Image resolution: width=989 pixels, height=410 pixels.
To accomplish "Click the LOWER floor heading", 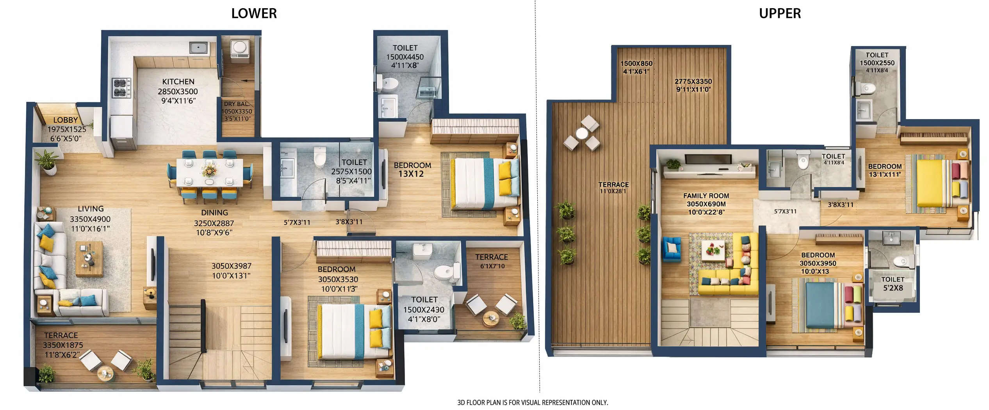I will (x=254, y=14).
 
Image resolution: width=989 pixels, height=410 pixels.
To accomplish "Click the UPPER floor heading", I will (x=779, y=14).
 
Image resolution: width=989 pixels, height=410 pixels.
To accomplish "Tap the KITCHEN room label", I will (x=178, y=82).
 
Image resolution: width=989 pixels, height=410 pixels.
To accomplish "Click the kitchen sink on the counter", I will (x=199, y=48).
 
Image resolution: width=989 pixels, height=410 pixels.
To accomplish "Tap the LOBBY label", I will (x=66, y=120).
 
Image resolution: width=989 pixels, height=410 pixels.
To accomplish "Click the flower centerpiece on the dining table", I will (x=209, y=171).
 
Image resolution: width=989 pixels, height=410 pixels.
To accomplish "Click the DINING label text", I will (x=214, y=213).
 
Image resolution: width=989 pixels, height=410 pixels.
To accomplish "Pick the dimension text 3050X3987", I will (x=231, y=266).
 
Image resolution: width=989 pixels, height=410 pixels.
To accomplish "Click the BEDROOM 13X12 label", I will (x=412, y=169).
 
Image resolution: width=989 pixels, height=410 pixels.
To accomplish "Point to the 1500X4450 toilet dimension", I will (x=405, y=57).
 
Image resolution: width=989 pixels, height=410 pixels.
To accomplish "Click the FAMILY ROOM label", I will (x=706, y=196).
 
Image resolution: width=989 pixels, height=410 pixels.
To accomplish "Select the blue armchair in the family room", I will (x=671, y=248).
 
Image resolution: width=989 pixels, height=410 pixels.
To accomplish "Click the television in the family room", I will (x=708, y=159).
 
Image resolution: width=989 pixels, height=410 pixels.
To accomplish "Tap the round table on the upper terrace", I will (x=581, y=134).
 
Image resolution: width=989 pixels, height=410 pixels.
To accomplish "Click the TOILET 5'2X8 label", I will (x=893, y=284).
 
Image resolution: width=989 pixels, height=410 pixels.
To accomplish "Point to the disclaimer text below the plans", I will (x=532, y=402).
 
